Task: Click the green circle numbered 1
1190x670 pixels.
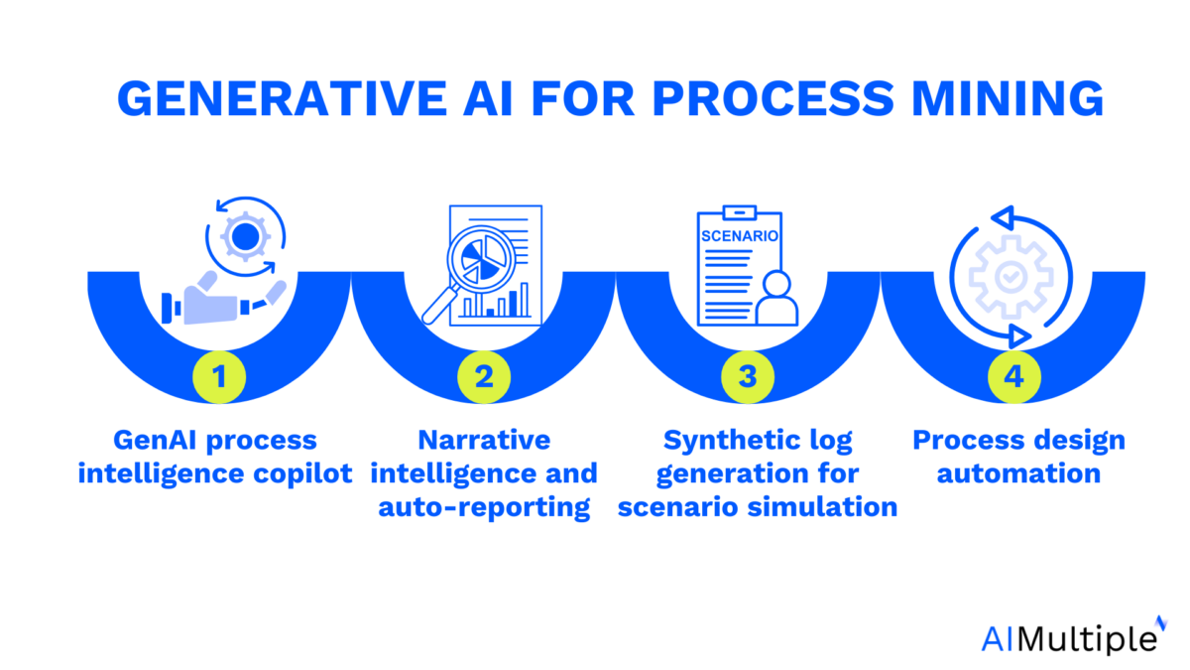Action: (219, 377)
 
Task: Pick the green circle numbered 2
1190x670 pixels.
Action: (484, 377)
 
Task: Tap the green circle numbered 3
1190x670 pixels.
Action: (749, 377)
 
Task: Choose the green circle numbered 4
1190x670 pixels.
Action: (1013, 377)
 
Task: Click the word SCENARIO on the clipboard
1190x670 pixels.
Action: (740, 237)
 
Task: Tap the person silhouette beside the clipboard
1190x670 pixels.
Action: (776, 298)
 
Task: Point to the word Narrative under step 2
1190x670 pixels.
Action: (484, 440)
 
